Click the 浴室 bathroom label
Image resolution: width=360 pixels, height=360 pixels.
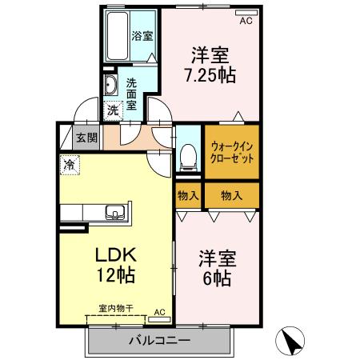tap(142, 36)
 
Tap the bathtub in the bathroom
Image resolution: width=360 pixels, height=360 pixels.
tap(118, 36)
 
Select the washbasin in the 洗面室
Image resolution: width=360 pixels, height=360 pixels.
tap(110, 85)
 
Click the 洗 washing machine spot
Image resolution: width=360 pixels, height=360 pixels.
tap(113, 110)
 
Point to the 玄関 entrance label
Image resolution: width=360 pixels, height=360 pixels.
tap(86, 138)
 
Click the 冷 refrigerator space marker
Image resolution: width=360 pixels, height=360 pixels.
tap(70, 165)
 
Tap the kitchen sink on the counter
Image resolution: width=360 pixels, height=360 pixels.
tap(115, 213)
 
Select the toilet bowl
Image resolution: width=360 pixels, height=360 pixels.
tap(189, 158)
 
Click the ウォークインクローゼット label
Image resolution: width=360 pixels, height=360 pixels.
tap(232, 152)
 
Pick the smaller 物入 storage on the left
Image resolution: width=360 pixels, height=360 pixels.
tap(188, 196)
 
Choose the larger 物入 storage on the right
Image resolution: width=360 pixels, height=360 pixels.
tap(232, 196)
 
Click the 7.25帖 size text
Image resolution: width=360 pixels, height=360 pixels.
tap(210, 75)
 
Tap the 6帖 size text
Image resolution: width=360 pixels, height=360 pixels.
tap(217, 278)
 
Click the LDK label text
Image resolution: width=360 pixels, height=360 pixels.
tap(116, 255)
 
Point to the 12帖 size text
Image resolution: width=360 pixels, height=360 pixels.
tap(116, 275)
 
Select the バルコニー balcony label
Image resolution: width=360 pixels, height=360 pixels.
tap(159, 340)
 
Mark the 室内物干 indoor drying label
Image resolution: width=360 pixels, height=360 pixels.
tap(116, 309)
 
